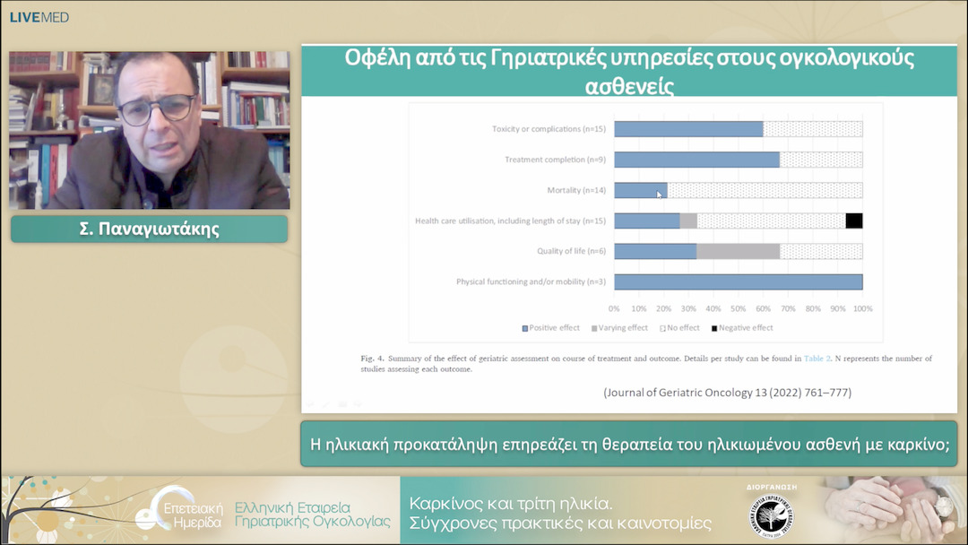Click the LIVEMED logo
[39, 17]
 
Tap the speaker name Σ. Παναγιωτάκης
[149, 229]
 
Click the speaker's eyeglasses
[157, 109]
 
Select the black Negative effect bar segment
[854, 221]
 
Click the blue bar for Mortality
[640, 190]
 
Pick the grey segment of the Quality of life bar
[738, 251]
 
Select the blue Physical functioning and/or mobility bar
[738, 281]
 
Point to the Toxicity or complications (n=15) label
[549, 129]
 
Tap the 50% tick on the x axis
[739, 308]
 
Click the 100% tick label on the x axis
[862, 308]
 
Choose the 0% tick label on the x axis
[615, 308]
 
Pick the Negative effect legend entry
[745, 328]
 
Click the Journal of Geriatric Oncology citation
[727, 393]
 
